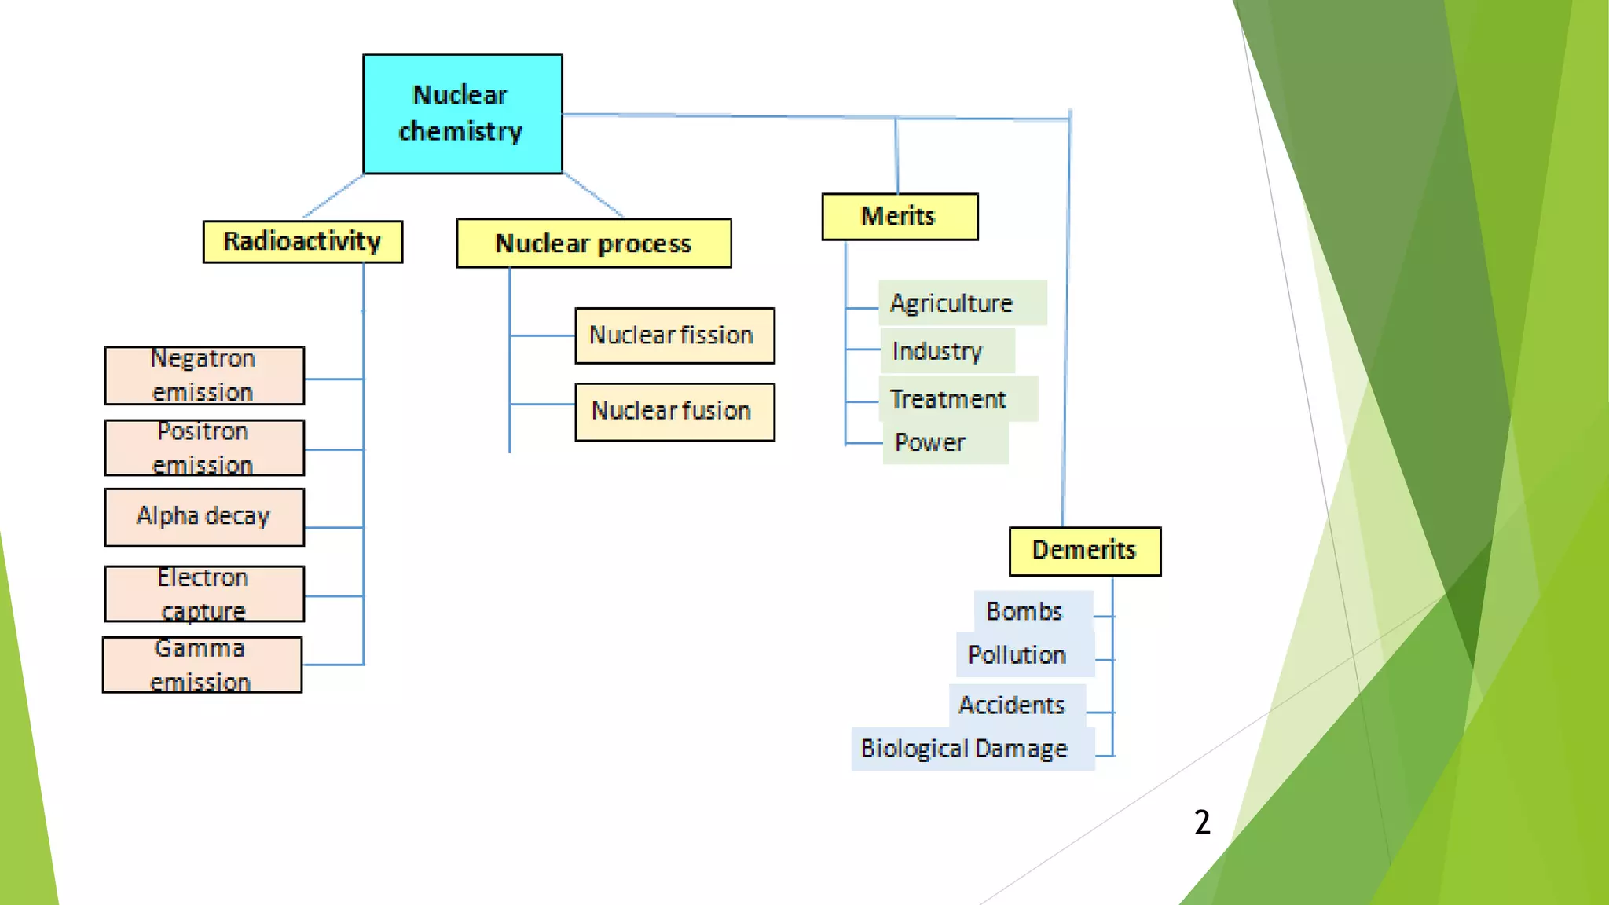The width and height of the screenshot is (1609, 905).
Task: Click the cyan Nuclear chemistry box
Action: pyautogui.click(x=462, y=114)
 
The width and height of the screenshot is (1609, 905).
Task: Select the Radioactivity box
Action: pyautogui.click(x=302, y=241)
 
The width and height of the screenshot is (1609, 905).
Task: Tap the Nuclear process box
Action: pyautogui.click(x=593, y=244)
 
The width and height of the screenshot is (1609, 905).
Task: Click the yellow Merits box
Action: pyautogui.click(x=899, y=216)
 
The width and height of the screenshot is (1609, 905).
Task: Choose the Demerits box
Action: pyautogui.click(x=1084, y=551)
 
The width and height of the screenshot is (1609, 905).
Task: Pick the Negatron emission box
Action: pyautogui.click(x=204, y=376)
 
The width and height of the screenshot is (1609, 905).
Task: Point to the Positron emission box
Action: pyautogui.click(x=204, y=448)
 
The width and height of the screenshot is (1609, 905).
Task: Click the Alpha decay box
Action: pyautogui.click(x=204, y=517)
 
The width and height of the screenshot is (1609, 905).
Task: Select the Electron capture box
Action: pyautogui.click(x=204, y=594)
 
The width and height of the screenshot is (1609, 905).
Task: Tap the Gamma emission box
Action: pyautogui.click(x=202, y=665)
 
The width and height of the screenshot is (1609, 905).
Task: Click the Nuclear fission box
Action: pyautogui.click(x=674, y=335)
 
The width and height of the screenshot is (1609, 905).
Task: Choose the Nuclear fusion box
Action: pyautogui.click(x=674, y=412)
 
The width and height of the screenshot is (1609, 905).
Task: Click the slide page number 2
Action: pyautogui.click(x=1202, y=823)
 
